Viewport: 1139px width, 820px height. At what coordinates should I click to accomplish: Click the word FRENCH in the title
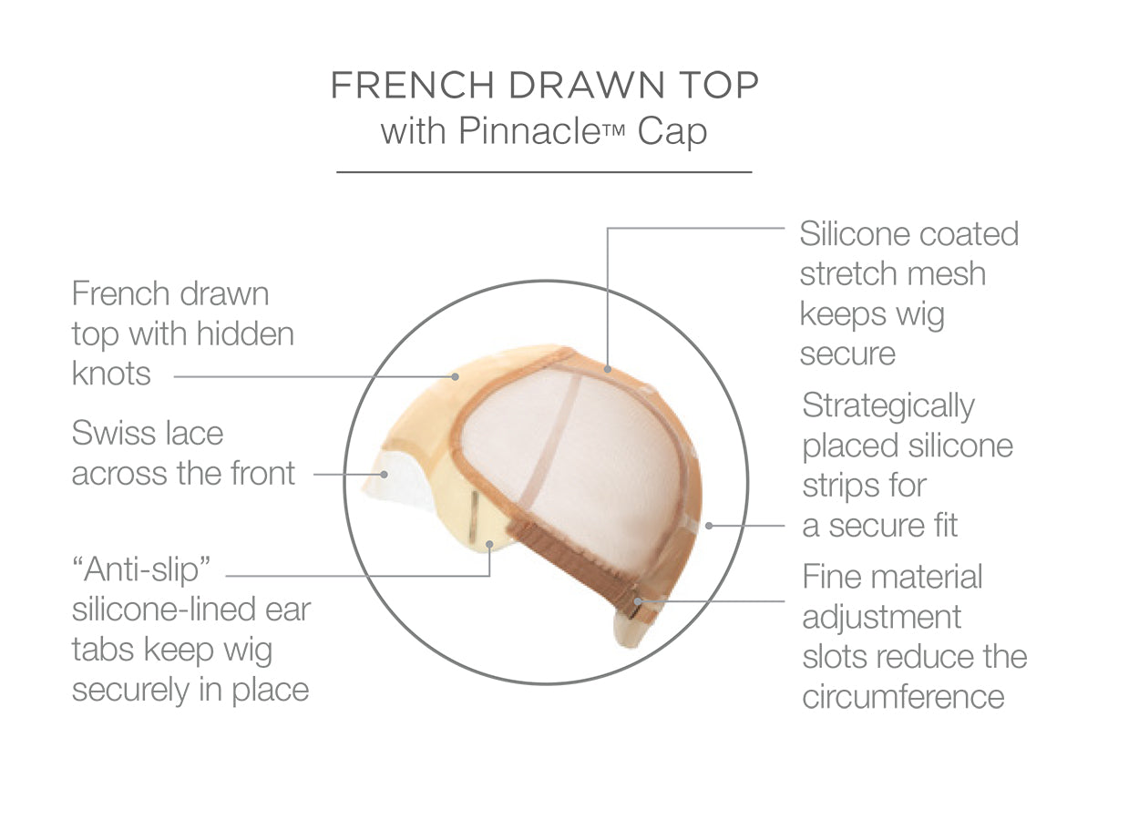tap(413, 85)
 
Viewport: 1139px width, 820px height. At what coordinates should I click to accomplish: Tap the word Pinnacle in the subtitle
tap(529, 131)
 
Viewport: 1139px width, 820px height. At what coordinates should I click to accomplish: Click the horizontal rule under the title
tap(544, 172)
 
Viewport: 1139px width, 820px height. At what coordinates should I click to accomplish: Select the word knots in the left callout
tap(111, 374)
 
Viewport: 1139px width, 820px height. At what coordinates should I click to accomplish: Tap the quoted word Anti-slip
tap(142, 570)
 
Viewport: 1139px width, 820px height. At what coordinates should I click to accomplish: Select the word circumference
tap(904, 696)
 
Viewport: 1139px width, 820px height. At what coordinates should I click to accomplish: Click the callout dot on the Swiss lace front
tap(385, 475)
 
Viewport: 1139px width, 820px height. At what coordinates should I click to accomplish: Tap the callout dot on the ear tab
tap(489, 545)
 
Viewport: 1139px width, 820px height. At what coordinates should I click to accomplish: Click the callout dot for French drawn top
tap(455, 376)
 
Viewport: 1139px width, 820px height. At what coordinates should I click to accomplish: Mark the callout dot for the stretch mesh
tap(608, 369)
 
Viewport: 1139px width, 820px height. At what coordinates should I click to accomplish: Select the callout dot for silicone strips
tap(709, 526)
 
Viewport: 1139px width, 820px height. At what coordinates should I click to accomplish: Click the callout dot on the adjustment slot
tap(638, 601)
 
